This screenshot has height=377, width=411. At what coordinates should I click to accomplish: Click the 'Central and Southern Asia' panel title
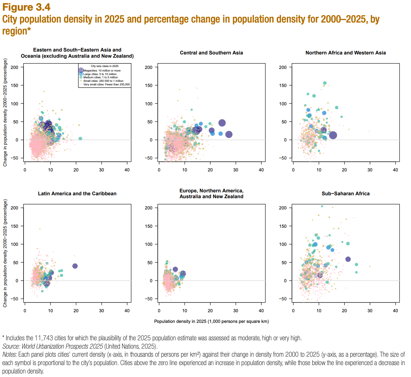point(211,53)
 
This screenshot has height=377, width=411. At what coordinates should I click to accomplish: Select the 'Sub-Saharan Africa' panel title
point(346,194)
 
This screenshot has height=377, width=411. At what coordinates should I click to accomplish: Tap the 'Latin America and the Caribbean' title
point(77,194)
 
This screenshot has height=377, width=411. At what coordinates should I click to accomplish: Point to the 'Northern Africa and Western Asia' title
point(346,53)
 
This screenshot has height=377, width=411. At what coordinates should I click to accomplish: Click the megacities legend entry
point(102,71)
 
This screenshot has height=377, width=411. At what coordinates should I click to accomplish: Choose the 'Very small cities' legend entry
point(106,85)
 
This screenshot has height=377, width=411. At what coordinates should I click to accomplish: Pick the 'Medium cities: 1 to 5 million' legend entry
point(100,78)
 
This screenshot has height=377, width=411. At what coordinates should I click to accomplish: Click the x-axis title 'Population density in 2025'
point(211,321)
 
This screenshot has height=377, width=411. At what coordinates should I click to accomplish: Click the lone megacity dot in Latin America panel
point(75,266)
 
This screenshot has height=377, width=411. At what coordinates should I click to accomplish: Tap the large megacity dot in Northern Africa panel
point(333,135)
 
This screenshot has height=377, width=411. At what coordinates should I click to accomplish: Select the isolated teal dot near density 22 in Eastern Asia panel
point(80,139)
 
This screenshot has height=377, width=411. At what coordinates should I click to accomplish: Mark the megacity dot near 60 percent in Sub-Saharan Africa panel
point(348,259)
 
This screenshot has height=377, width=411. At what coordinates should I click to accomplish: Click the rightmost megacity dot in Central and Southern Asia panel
point(229,134)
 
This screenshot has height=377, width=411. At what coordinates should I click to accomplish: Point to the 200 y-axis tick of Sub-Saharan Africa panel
point(283,208)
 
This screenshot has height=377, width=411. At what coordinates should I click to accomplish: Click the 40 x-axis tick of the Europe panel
point(261,311)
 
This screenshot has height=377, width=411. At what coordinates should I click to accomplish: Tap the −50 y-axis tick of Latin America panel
point(14,299)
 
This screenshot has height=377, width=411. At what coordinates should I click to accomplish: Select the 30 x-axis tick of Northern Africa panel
point(370,170)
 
